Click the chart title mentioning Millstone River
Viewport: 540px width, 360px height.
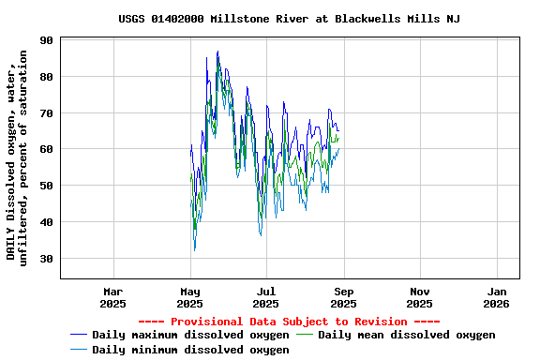click(x=289, y=19)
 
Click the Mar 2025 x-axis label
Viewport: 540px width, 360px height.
click(x=113, y=297)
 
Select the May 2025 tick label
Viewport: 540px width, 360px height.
click(x=190, y=297)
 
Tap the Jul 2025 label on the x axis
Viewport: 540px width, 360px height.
click(x=267, y=297)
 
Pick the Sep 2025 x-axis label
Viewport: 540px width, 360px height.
click(x=343, y=297)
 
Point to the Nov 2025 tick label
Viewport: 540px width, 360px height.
click(x=420, y=297)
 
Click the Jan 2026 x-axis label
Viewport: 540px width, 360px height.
click(x=497, y=297)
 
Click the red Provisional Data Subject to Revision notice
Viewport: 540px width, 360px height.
click(x=289, y=322)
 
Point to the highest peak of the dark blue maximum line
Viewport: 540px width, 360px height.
click(x=217, y=52)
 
